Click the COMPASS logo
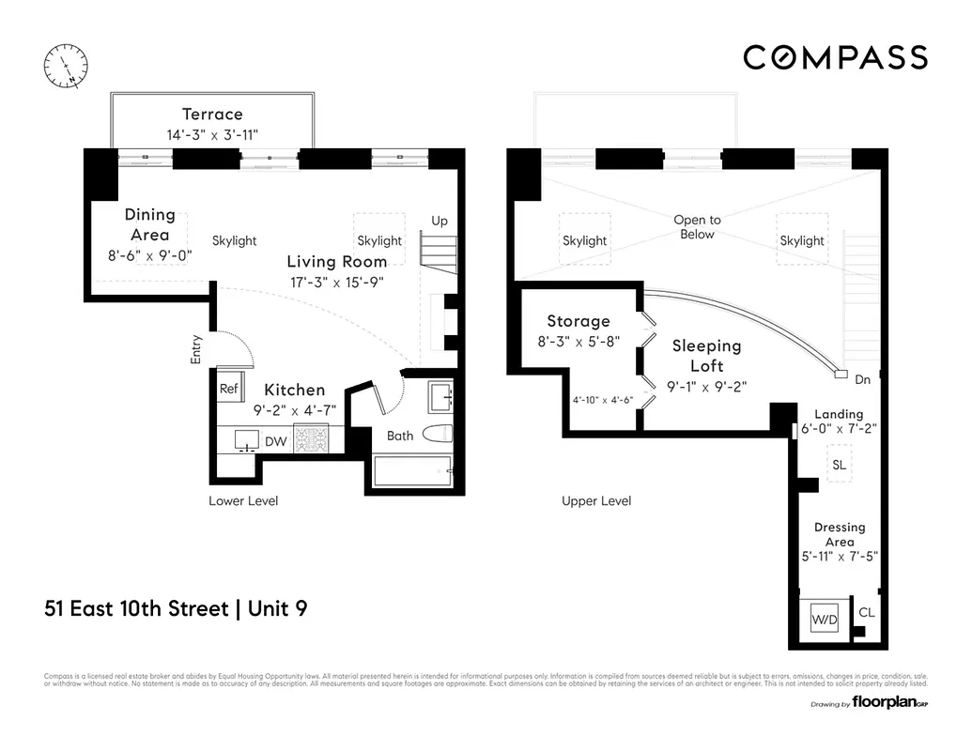835,57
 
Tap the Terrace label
212,115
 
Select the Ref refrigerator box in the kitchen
229,389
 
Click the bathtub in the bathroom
412,470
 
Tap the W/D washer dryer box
825,619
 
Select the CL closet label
867,612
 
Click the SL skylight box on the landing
839,465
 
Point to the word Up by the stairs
440,221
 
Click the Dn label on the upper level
863,380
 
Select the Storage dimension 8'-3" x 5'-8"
579,342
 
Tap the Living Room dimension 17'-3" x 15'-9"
335,282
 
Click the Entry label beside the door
196,349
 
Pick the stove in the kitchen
312,438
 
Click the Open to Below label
697,227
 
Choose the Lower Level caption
243,501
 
